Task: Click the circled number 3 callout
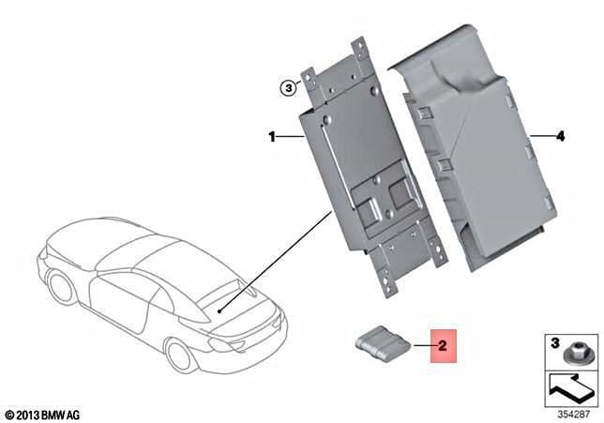(x=288, y=88)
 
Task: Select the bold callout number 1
(x=272, y=137)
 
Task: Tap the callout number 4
(x=560, y=136)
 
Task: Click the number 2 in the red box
(x=443, y=345)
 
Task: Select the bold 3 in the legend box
(x=554, y=342)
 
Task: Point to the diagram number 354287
(x=574, y=415)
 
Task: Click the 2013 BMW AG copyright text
(x=43, y=415)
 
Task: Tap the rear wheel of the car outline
(x=60, y=287)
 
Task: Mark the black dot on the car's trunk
(x=219, y=311)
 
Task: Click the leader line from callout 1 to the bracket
(x=291, y=136)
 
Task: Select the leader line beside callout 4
(x=541, y=136)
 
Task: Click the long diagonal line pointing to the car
(x=276, y=261)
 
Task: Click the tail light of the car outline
(x=220, y=344)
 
